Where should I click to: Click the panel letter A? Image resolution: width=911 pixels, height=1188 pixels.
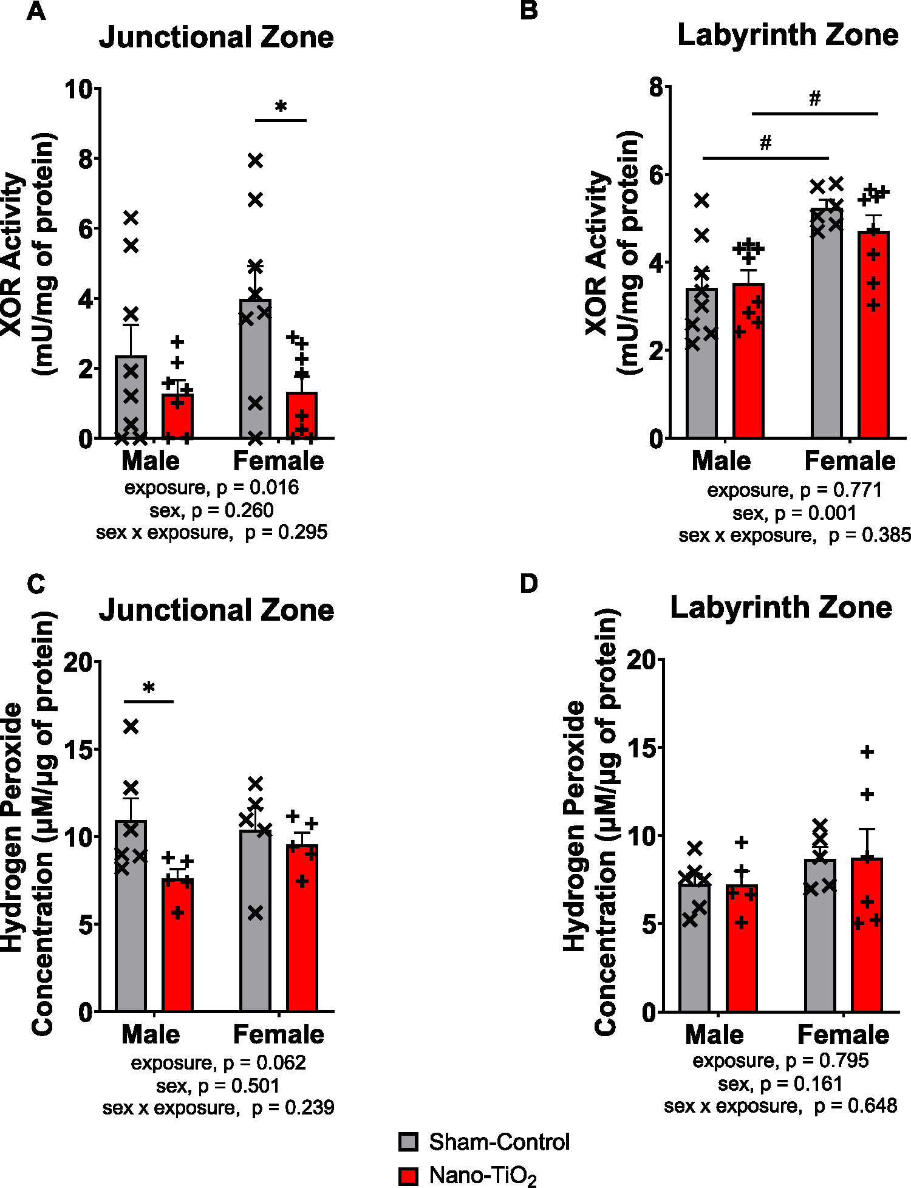coord(36,12)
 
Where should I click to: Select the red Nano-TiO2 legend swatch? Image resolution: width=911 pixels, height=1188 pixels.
coord(408,1176)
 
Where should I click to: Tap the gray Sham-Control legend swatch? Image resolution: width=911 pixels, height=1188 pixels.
coord(408,1142)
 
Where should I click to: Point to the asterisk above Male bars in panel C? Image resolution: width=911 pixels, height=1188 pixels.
coord(149,689)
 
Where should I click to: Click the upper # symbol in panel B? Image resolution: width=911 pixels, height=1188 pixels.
coord(814,98)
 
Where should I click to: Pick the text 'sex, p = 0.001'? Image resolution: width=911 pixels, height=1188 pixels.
coord(794,513)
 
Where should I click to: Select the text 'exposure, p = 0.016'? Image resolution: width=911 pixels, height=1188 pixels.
coord(211,488)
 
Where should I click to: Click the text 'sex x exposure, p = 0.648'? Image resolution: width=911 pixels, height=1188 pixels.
coord(780,1106)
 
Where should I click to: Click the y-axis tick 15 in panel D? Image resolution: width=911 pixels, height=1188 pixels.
coord(643,748)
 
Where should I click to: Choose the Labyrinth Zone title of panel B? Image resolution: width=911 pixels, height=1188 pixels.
coord(787,35)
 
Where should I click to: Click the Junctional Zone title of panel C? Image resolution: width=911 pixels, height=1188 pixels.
coord(216,610)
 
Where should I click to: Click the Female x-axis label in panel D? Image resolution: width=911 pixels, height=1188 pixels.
coord(843,1034)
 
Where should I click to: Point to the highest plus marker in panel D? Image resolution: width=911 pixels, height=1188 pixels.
coord(867,752)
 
